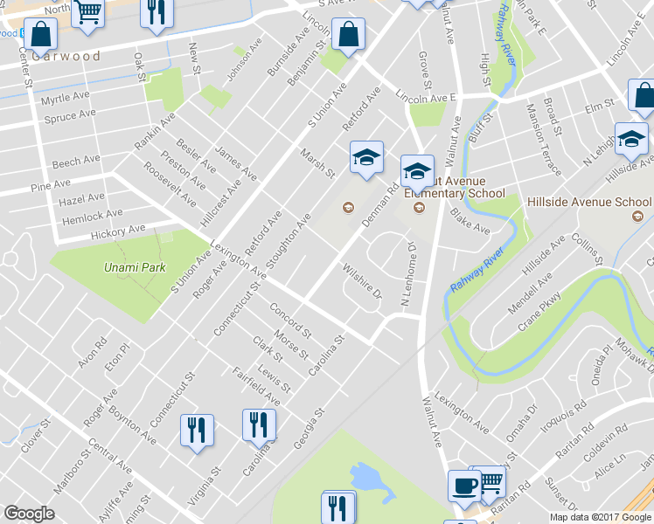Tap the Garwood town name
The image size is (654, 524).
[66, 56]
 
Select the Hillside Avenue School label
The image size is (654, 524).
[589, 201]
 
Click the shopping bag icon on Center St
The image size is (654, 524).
[40, 36]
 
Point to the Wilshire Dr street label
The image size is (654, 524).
[362, 281]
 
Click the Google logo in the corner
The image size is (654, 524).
[29, 514]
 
